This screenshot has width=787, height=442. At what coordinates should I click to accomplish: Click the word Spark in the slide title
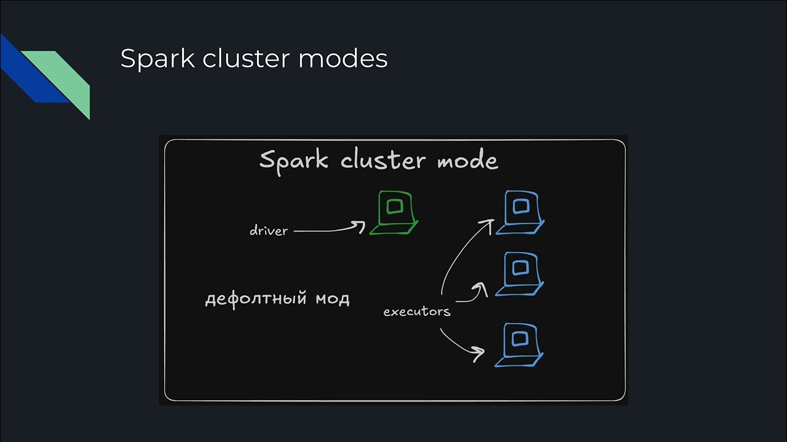pos(157,60)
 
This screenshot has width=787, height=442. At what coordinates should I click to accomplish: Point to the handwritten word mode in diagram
pos(467,160)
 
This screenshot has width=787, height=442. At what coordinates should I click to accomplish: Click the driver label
pos(269,231)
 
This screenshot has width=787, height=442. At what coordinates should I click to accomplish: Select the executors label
pos(417,312)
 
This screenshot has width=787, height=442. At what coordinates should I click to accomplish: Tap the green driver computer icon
pos(394,212)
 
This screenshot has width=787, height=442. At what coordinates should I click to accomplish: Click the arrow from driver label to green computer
pos(329,230)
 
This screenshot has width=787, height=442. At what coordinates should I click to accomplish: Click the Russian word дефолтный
pos(255,300)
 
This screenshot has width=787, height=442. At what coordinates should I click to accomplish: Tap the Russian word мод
pos(332,299)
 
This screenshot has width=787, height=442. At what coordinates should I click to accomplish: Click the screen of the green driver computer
pos(395,206)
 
